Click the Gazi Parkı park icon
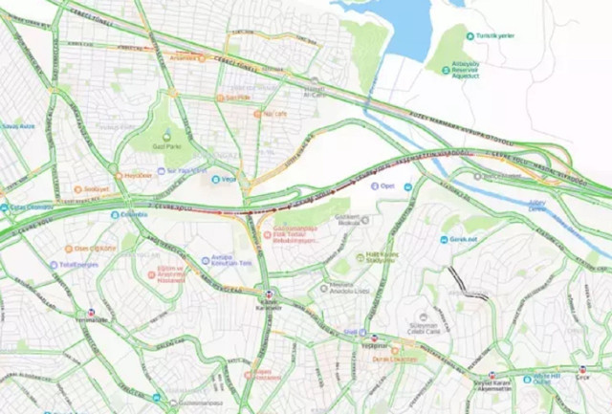[165, 134]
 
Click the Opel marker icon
[375, 185]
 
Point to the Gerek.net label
[463, 240]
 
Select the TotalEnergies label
[78, 263]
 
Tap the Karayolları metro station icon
[268, 294]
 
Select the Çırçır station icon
[584, 368]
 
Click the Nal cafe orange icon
[258, 113]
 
